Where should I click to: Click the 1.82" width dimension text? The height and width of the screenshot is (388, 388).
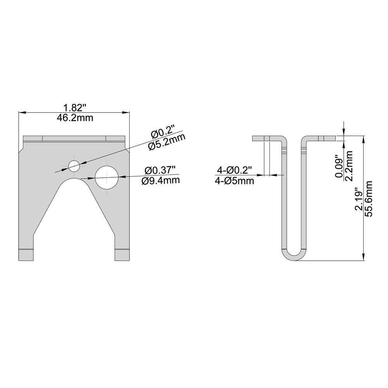(x=75, y=108)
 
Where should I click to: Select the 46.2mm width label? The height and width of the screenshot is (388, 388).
(x=75, y=118)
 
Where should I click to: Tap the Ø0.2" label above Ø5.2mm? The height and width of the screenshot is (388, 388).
(x=163, y=135)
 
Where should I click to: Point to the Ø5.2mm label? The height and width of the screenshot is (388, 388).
(x=167, y=143)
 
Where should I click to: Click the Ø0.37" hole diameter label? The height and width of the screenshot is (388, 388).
(x=160, y=170)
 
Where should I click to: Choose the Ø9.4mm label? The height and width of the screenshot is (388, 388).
(x=161, y=180)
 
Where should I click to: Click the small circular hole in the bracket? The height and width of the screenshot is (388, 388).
(x=74, y=166)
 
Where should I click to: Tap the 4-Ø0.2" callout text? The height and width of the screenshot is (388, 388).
(x=234, y=170)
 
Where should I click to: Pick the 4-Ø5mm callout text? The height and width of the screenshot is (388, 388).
(x=234, y=181)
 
